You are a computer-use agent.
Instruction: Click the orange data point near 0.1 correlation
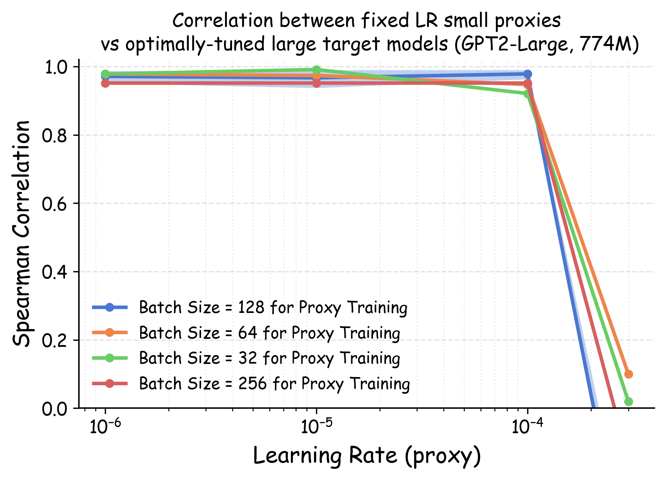(x=628, y=374)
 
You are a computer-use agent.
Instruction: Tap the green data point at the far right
(x=628, y=401)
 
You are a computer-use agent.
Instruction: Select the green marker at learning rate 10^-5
(x=316, y=70)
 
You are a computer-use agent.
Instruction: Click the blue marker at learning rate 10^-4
(x=528, y=74)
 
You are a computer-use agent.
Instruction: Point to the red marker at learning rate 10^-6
(x=105, y=83)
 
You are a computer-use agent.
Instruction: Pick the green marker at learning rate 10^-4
(x=527, y=94)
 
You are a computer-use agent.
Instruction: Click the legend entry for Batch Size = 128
(x=273, y=307)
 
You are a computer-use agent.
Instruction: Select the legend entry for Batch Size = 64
(x=269, y=333)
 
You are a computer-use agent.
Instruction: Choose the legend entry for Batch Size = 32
(x=269, y=358)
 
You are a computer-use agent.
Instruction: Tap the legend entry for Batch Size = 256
(x=274, y=384)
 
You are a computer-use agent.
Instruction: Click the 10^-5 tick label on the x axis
(x=316, y=427)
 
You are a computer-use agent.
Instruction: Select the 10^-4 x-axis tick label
(x=527, y=427)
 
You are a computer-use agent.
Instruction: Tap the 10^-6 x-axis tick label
(x=105, y=427)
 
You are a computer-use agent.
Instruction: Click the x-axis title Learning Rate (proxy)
(x=367, y=456)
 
